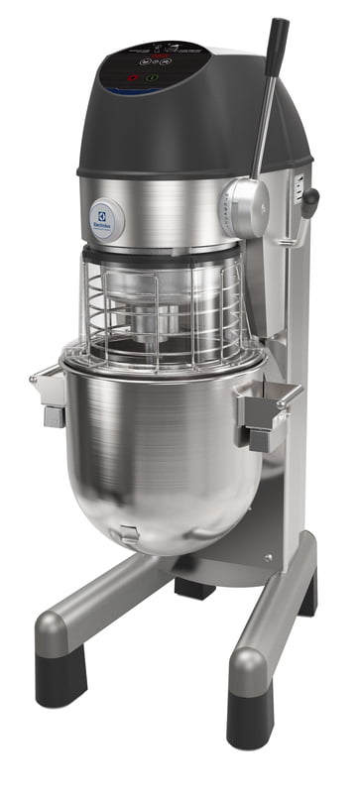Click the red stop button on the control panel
(x=131, y=76)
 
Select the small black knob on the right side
(x=310, y=202)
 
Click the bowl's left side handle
(x=49, y=393)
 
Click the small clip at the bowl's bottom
(x=125, y=535)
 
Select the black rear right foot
(x=308, y=595)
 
